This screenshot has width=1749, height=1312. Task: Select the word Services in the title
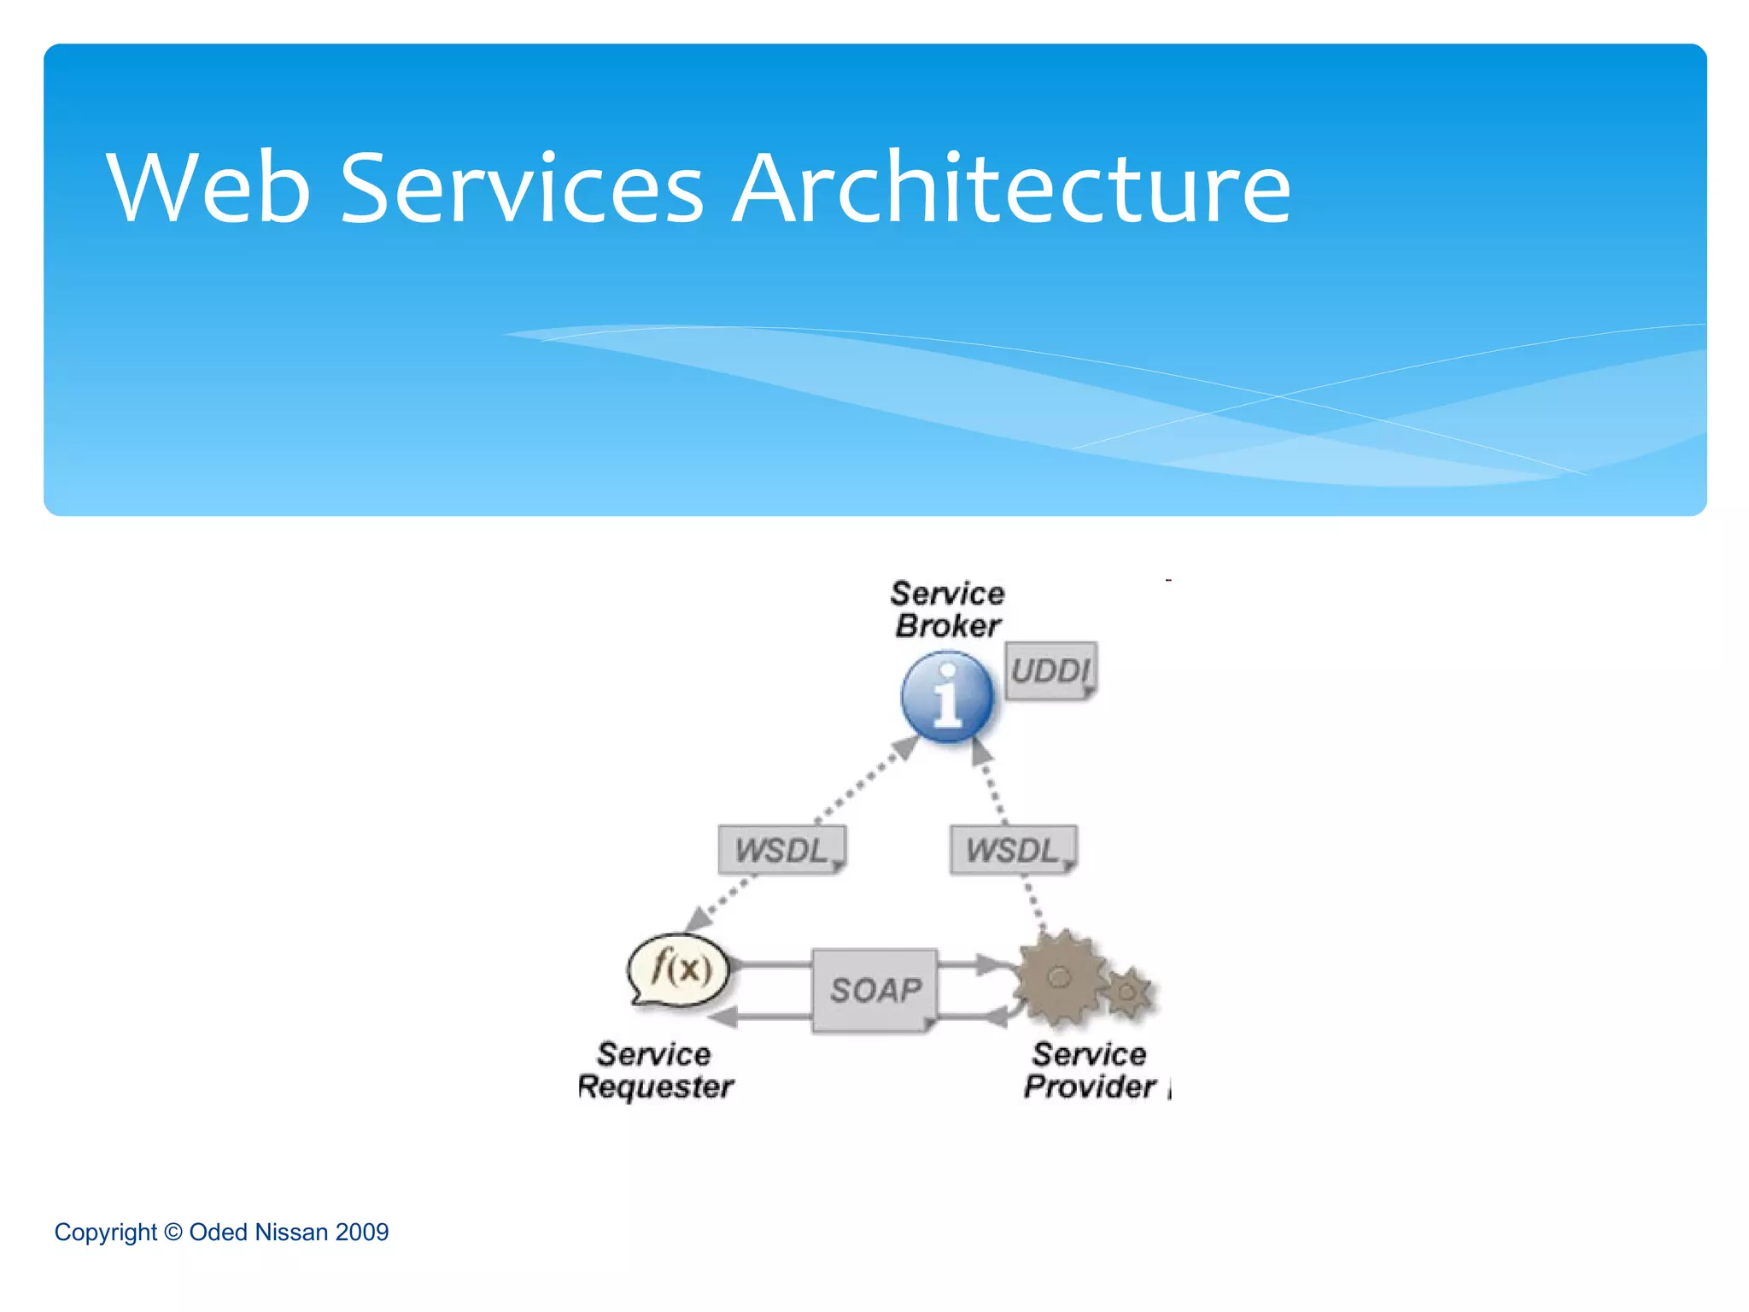(x=522, y=188)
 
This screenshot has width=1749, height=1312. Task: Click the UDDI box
(x=1050, y=671)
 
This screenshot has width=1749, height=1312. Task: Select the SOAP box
(x=875, y=990)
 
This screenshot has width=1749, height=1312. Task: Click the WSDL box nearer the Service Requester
(x=781, y=850)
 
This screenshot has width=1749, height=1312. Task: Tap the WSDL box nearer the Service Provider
(x=1013, y=850)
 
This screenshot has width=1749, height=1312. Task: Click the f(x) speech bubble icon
(x=680, y=969)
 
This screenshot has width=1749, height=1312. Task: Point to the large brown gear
(x=1059, y=978)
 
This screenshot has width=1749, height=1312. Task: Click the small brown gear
(x=1128, y=993)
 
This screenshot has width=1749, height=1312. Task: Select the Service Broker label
(x=948, y=610)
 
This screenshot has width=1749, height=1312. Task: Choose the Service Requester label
(x=655, y=1070)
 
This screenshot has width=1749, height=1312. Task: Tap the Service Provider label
(x=1090, y=1070)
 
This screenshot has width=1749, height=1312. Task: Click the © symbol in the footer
(x=173, y=1233)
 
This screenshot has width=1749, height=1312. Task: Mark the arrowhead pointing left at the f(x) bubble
(x=724, y=1016)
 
